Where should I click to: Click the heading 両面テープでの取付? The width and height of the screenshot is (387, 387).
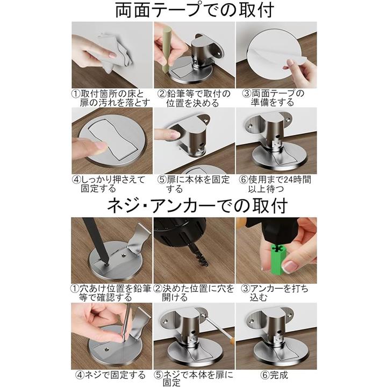click(195, 10)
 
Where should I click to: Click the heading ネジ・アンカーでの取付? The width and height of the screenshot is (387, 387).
click(197, 205)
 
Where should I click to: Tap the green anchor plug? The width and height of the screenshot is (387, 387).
click(278, 259)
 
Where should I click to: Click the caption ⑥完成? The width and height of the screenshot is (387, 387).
click(274, 375)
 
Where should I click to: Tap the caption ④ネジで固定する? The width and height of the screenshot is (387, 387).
click(110, 375)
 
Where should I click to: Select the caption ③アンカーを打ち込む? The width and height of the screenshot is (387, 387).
click(275, 293)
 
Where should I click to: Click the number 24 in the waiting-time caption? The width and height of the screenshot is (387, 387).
click(289, 180)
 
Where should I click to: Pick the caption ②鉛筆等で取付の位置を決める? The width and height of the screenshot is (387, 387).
click(193, 98)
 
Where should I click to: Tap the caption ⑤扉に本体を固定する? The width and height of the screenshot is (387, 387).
click(193, 184)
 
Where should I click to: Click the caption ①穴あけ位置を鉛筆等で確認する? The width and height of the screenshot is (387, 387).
click(111, 293)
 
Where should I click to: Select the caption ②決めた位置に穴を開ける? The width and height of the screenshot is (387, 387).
click(193, 293)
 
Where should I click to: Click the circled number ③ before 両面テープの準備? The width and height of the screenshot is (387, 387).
click(247, 94)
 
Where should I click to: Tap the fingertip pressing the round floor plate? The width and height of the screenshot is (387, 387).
click(100, 146)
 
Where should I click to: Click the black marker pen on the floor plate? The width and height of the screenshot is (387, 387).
click(96, 241)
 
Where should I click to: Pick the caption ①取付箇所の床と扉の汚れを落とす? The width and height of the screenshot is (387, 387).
click(111, 98)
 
